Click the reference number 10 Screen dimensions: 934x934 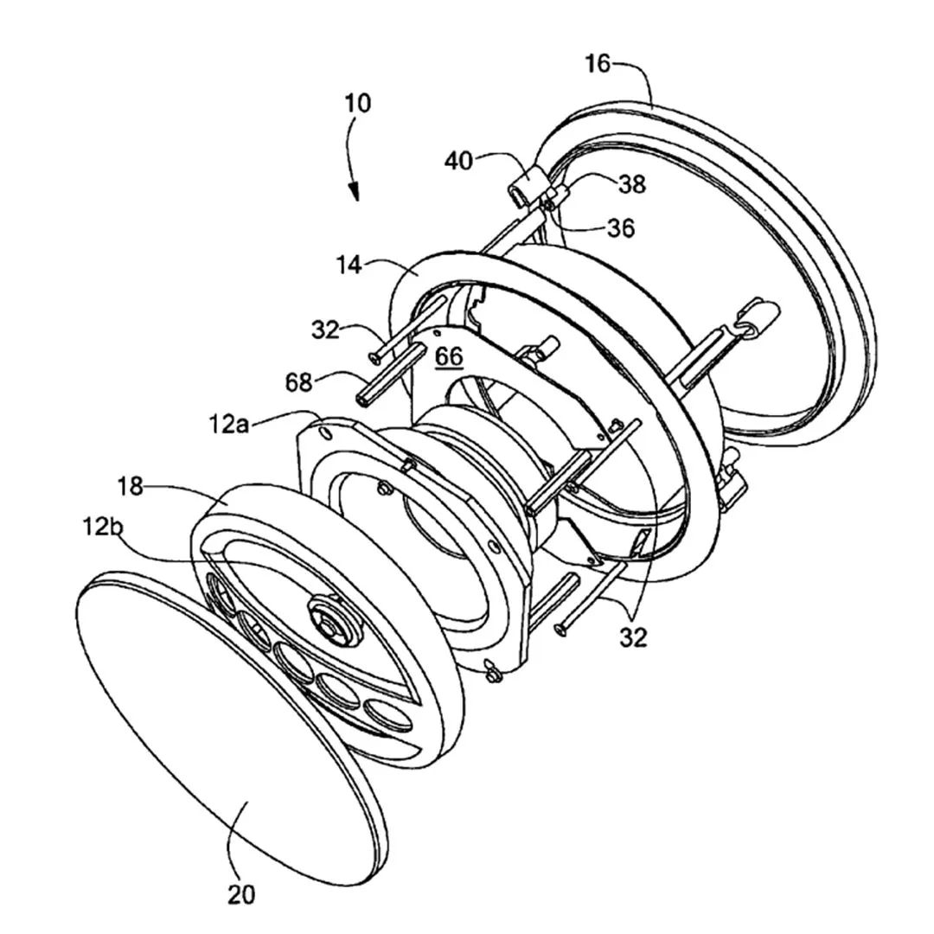click(358, 103)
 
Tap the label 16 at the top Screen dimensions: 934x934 click(598, 63)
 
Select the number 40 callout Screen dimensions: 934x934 click(458, 161)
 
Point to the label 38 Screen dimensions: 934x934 click(632, 184)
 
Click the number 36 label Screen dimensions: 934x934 click(621, 227)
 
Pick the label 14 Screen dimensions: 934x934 click(349, 265)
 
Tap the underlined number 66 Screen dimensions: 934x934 click(449, 357)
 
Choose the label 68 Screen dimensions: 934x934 click(299, 382)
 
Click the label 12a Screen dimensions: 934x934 click(228, 425)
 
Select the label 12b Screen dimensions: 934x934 click(102, 527)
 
